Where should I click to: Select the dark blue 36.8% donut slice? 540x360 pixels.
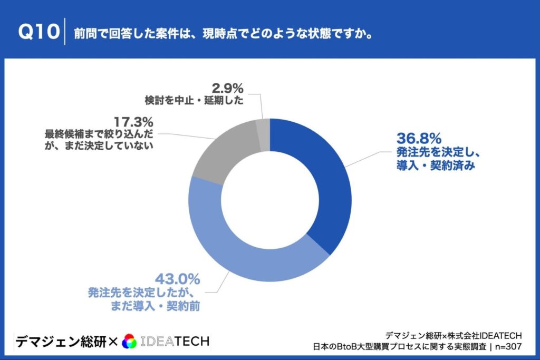pyautogui.click(x=327, y=179)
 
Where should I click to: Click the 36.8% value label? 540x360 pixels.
pyautogui.click(x=418, y=139)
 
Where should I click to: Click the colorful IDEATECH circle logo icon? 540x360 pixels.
pyautogui.click(x=129, y=342)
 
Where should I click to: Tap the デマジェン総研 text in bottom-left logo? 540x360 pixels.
pyautogui.click(x=60, y=342)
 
